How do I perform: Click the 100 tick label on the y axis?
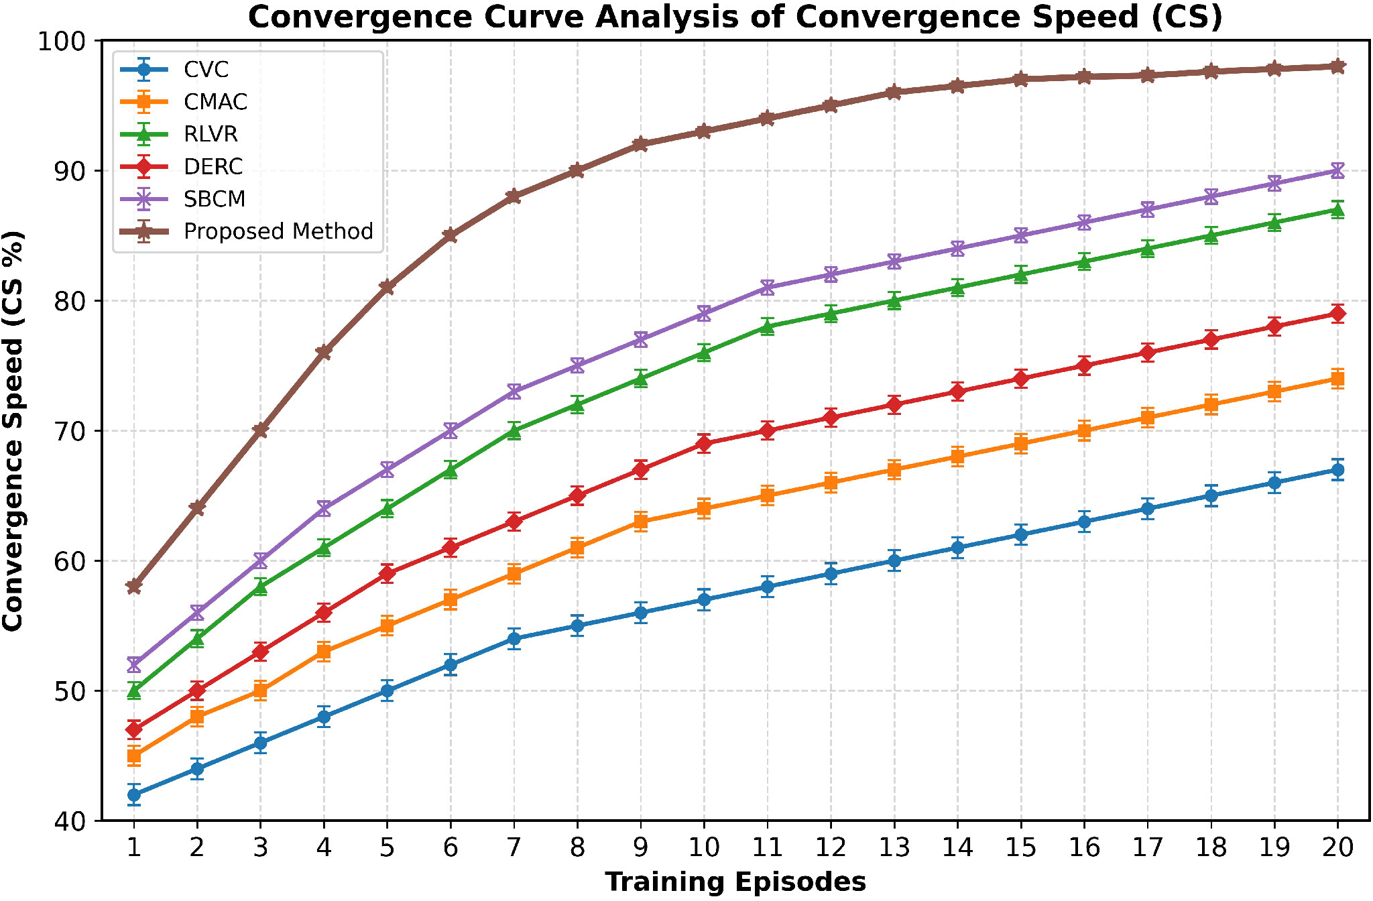(x=62, y=41)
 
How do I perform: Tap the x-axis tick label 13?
(x=894, y=847)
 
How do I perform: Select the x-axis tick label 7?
(x=514, y=847)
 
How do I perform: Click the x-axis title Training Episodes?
(x=735, y=882)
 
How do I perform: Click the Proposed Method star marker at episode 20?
(x=1337, y=66)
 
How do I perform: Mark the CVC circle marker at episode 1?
(x=134, y=795)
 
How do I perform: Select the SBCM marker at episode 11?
(x=768, y=288)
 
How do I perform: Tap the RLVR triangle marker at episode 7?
(x=514, y=430)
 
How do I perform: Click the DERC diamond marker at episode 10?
(x=704, y=443)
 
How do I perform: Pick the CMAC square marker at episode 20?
(x=1337, y=379)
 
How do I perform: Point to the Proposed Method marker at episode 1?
(x=134, y=587)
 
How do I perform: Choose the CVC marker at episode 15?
(x=1021, y=534)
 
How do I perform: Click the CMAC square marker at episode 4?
(x=324, y=652)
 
